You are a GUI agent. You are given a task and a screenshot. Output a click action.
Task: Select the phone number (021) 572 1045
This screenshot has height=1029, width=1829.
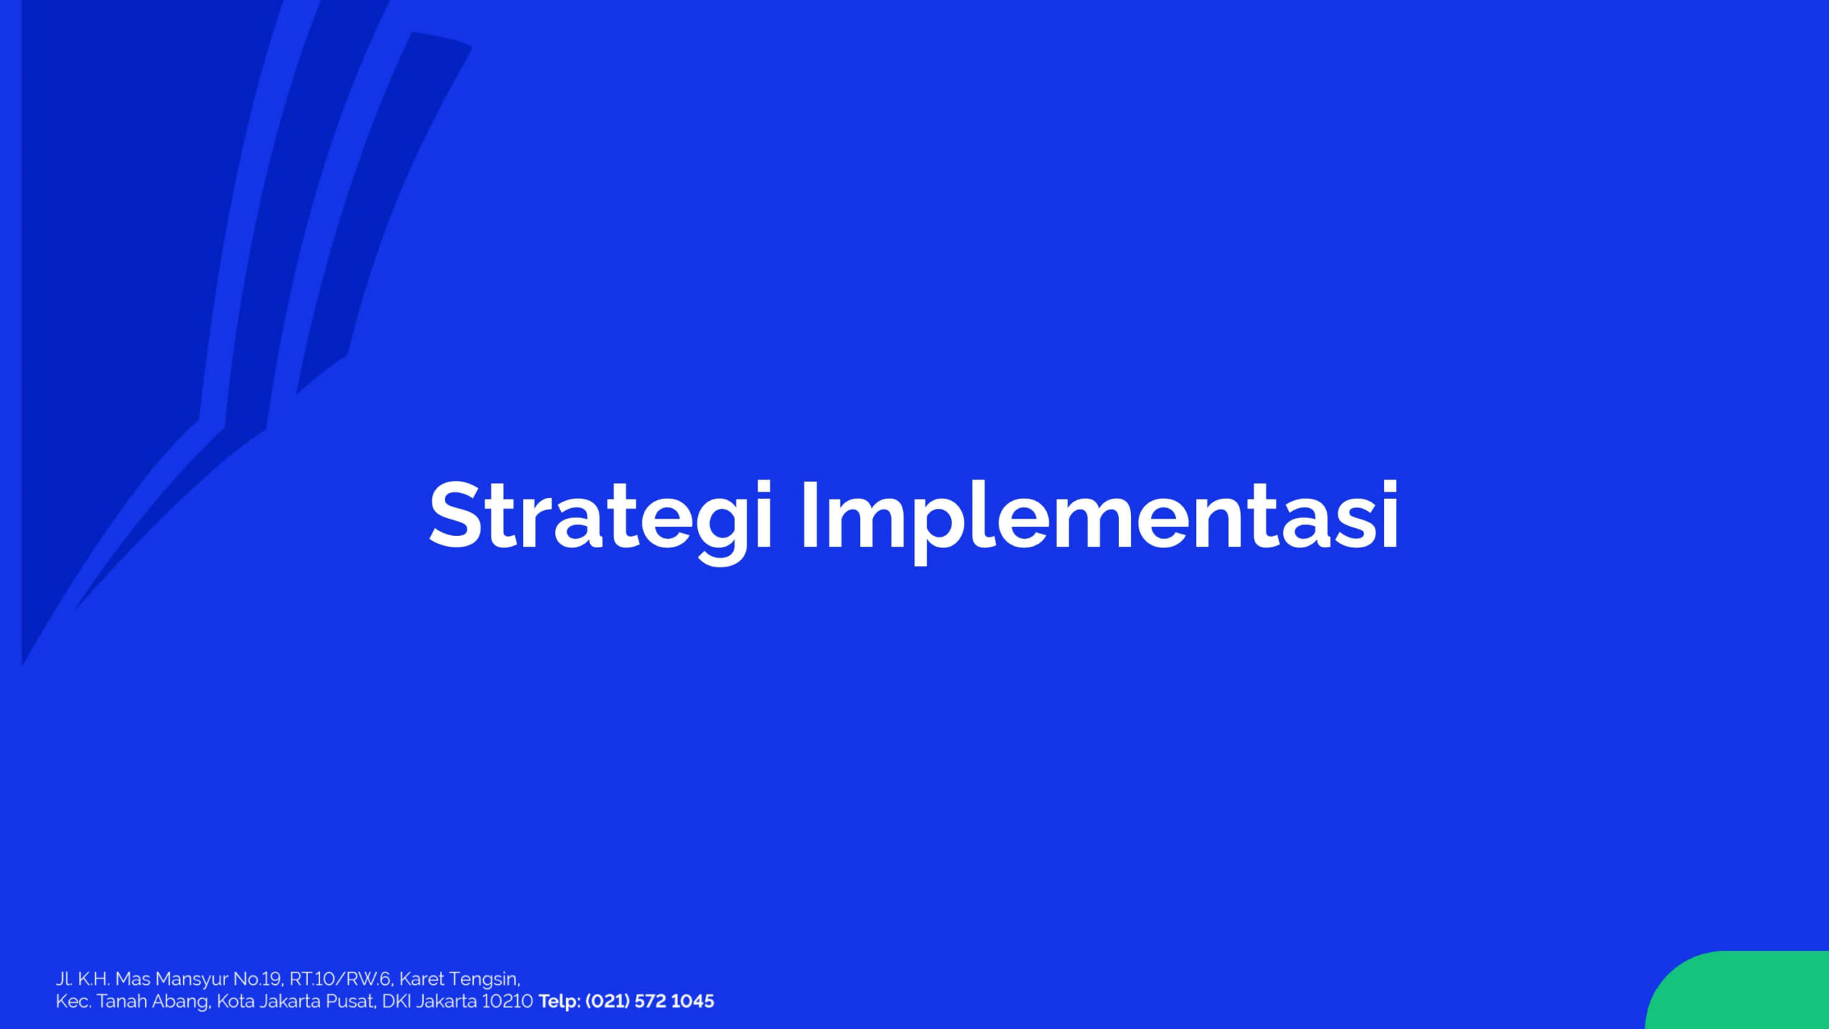coord(649,1001)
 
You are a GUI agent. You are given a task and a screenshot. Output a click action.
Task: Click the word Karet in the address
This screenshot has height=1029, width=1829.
coord(422,979)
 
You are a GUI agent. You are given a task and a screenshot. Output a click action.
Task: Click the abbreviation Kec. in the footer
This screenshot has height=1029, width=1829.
coord(74,1001)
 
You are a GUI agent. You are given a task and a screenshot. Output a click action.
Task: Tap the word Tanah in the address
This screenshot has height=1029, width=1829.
coord(122,1001)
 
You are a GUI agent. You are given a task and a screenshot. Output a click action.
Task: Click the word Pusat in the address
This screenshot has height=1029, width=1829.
coord(351,1001)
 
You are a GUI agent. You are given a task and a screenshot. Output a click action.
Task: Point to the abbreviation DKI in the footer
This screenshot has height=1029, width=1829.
coord(397,1001)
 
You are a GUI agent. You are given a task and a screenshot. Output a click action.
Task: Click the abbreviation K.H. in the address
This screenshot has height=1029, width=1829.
coord(94,979)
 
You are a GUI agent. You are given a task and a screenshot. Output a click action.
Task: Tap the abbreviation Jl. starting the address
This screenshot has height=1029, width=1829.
coord(64,979)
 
